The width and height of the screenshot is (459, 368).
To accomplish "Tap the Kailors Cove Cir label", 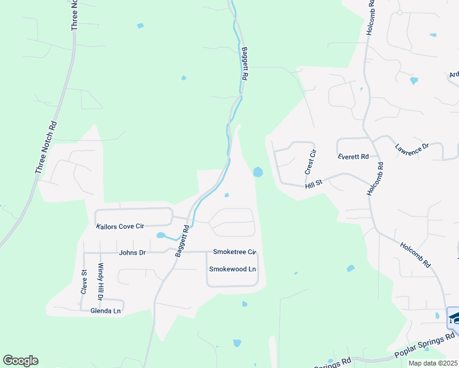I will click(x=120, y=226).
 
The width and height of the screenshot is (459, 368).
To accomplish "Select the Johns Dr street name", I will click(x=133, y=252).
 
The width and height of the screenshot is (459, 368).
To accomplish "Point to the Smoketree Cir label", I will click(x=234, y=252).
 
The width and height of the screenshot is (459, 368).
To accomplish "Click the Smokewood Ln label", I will click(x=233, y=269).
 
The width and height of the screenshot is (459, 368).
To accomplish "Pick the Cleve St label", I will click(x=83, y=282).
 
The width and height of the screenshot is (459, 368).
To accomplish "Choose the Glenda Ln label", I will click(x=107, y=310).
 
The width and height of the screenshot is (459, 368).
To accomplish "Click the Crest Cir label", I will click(x=312, y=161).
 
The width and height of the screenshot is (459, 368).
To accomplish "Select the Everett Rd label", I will click(x=353, y=157).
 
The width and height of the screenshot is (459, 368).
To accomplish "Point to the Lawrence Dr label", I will click(x=411, y=149).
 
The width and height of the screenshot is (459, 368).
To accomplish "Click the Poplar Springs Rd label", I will click(x=424, y=346).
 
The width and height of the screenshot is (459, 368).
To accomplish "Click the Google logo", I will click(x=20, y=361).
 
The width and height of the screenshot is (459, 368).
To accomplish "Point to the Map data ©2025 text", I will click(x=433, y=363).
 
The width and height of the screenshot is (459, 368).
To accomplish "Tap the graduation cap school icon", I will click(x=454, y=316).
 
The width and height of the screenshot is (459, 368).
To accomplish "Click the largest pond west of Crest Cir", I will click(x=258, y=172).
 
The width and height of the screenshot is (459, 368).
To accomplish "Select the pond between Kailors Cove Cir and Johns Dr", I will click(x=161, y=235).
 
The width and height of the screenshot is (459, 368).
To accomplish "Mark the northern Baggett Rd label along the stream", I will click(x=244, y=64).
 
